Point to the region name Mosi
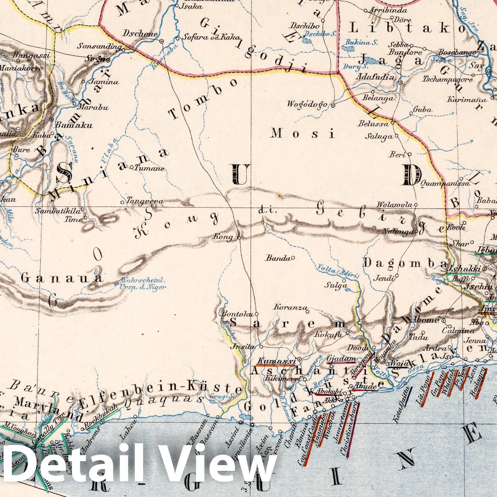(303, 134)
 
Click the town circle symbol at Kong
(239, 238)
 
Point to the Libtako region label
(407, 29)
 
